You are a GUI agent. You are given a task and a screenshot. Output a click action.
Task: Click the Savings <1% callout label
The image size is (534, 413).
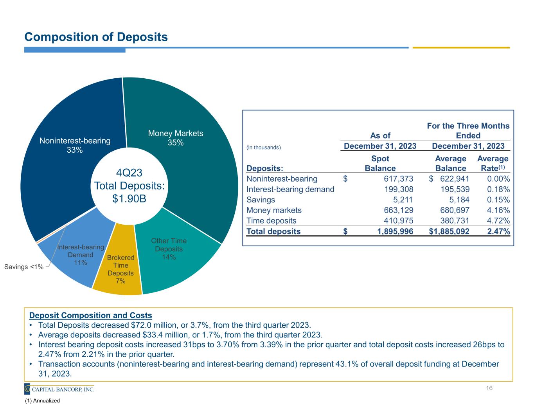[x=23, y=267]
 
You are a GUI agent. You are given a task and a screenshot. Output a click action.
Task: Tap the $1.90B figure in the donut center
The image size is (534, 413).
[x=129, y=198]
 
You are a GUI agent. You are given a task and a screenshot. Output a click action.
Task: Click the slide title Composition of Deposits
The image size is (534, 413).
[x=96, y=37]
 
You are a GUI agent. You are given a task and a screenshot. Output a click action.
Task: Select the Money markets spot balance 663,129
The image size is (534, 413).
[x=397, y=210]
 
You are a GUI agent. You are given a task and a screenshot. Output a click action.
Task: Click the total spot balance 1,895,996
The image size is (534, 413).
[x=395, y=231]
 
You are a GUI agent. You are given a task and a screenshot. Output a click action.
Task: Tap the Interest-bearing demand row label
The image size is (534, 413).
[x=290, y=189]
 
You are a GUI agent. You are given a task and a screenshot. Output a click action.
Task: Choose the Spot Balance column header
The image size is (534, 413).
[x=380, y=164]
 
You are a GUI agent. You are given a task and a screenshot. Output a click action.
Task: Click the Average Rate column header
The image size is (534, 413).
[x=493, y=164]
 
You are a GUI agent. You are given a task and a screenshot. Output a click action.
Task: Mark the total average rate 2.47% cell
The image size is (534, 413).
[x=498, y=231]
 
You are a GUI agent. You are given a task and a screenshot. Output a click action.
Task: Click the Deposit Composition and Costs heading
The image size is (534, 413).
[x=91, y=316]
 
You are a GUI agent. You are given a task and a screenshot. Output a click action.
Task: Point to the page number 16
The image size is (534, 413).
[x=489, y=388]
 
